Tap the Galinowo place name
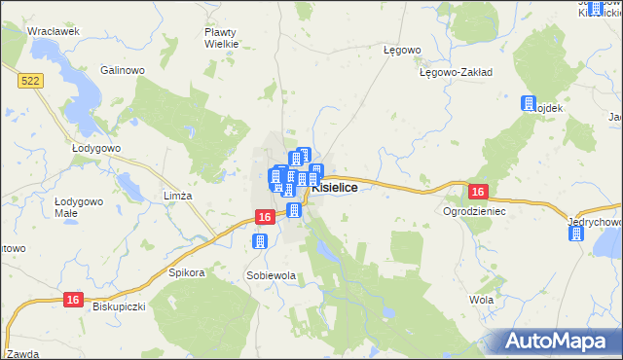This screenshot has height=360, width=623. (x=123, y=70)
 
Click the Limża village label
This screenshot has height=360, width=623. (x=178, y=196)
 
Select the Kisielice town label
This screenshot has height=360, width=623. (x=340, y=189)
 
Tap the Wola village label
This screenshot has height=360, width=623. (x=481, y=300)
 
